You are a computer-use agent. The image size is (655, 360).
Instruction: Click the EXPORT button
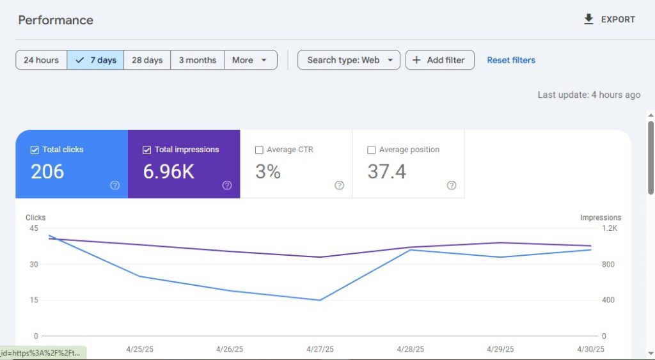[x=610, y=19]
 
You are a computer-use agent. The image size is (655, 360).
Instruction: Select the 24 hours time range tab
[x=41, y=60]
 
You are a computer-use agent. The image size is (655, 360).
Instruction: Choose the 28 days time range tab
[x=147, y=60]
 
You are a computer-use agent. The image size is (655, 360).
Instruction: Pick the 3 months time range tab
[x=197, y=60]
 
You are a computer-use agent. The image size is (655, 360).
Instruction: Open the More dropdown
[x=250, y=60]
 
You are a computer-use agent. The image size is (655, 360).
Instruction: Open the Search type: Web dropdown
[x=349, y=60]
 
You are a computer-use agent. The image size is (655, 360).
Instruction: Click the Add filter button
[x=439, y=60]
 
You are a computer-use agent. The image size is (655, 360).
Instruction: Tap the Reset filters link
[x=511, y=60]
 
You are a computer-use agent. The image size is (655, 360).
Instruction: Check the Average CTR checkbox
[x=259, y=150]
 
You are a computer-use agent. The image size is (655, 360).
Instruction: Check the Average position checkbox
[x=372, y=150]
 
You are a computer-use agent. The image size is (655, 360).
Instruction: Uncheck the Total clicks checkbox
[x=35, y=150]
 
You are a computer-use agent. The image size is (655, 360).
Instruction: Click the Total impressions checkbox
[x=147, y=150]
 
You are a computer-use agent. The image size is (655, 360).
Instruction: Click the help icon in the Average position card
[x=452, y=185]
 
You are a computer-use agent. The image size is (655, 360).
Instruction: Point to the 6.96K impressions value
[x=169, y=171]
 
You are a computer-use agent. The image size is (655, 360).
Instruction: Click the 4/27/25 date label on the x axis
[x=320, y=349]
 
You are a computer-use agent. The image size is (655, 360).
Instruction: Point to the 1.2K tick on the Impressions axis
[x=609, y=228]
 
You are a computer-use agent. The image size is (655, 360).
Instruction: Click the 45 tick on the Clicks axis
[x=33, y=228]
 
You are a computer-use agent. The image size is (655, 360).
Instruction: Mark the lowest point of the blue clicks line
[x=320, y=300]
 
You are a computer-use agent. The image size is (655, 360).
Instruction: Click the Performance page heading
[x=56, y=20]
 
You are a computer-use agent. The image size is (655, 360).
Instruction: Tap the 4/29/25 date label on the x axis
[x=500, y=349]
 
